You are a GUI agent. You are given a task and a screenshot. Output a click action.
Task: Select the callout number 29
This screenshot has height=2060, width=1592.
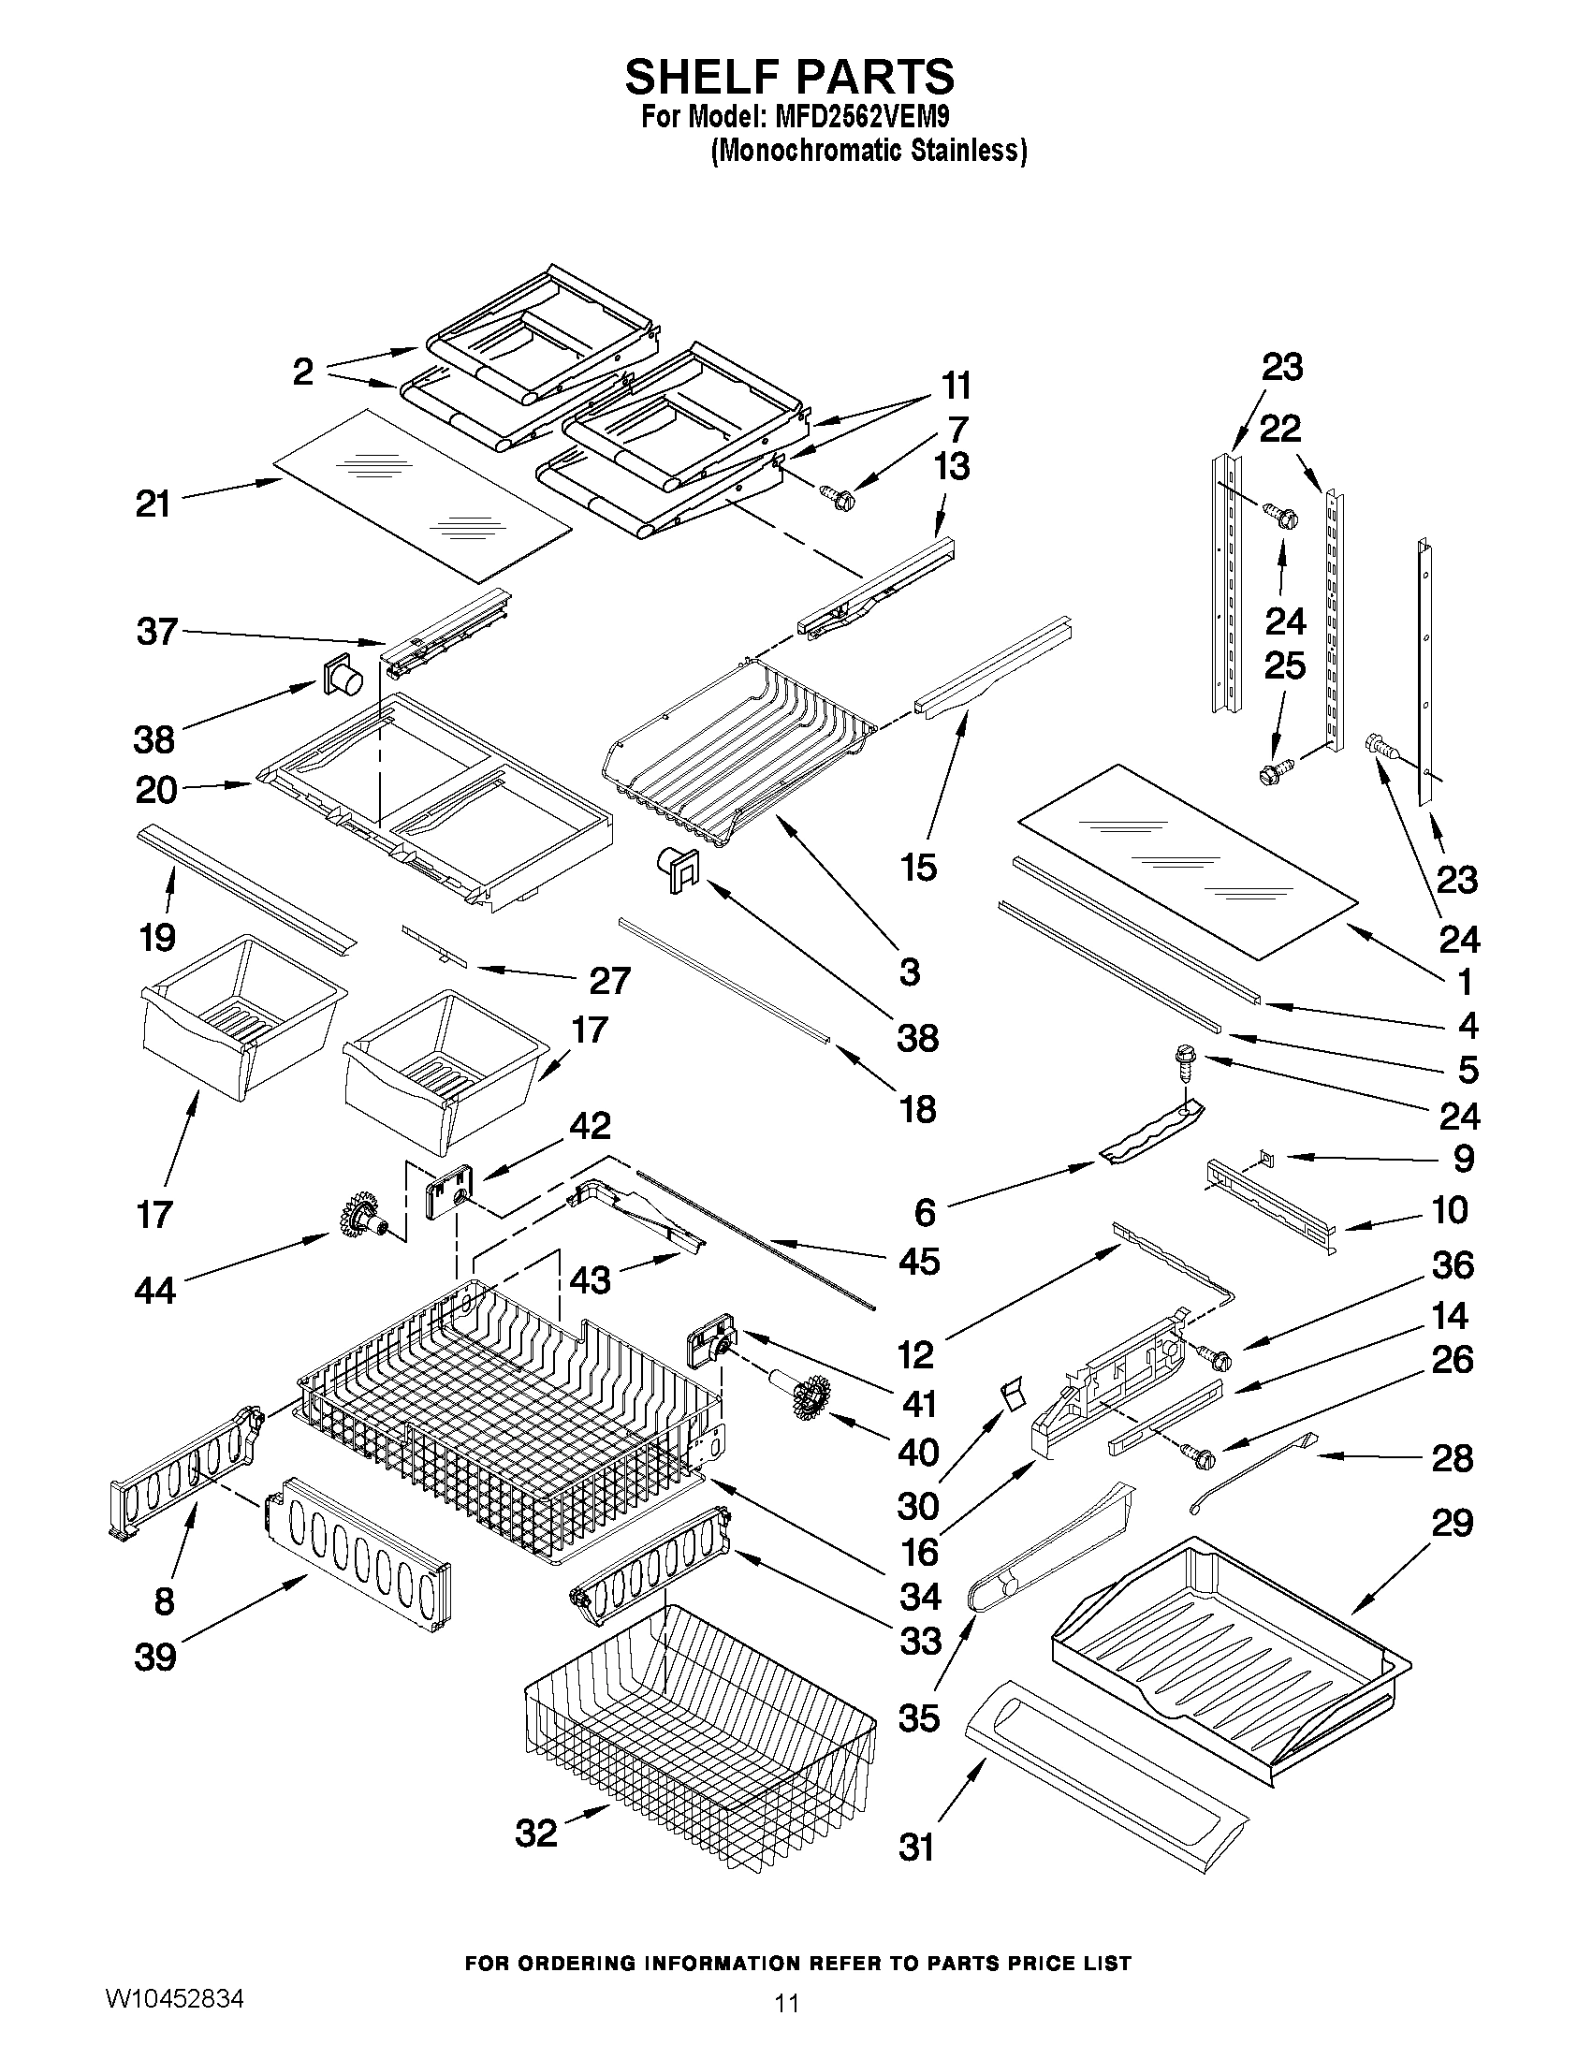point(1453,1523)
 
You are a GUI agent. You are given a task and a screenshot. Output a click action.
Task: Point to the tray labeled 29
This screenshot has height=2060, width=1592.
point(1231,1662)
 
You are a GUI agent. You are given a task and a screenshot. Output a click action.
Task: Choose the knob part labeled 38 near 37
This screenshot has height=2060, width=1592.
point(343,677)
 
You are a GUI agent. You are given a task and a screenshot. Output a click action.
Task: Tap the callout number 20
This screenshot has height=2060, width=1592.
point(156,790)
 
